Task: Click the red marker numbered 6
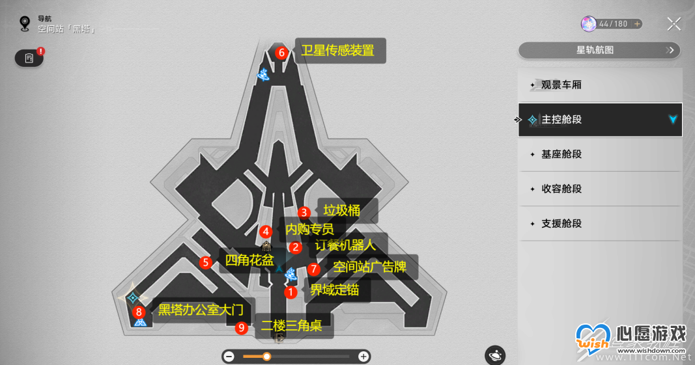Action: click(x=281, y=53)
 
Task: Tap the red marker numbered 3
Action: click(x=304, y=213)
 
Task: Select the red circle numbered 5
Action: click(x=205, y=263)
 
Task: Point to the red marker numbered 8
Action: click(x=139, y=312)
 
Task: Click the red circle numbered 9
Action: click(x=241, y=328)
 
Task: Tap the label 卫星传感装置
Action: click(x=338, y=51)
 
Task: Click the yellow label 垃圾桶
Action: click(x=342, y=210)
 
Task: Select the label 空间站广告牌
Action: click(x=370, y=267)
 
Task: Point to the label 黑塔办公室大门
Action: click(x=201, y=310)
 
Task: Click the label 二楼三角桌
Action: click(x=291, y=325)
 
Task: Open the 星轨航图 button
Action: click(x=599, y=50)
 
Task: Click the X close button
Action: click(x=674, y=24)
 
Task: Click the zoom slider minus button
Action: click(x=229, y=357)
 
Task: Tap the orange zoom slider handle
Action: click(x=266, y=357)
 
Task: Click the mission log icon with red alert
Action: click(x=29, y=58)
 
